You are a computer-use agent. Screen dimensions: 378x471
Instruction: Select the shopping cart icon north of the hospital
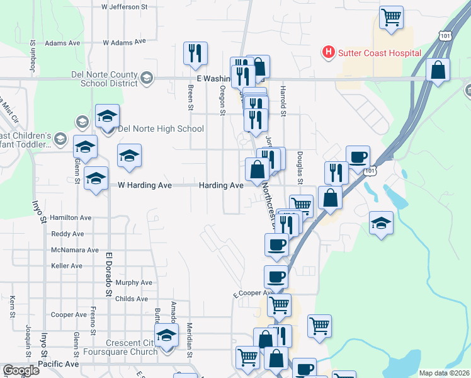click(x=391, y=17)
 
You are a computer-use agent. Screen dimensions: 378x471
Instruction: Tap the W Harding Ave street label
click(x=145, y=186)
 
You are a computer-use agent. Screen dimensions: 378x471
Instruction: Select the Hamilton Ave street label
click(x=71, y=217)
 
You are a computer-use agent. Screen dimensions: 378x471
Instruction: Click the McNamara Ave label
click(x=75, y=250)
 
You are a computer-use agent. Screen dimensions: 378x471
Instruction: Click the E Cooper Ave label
click(x=253, y=294)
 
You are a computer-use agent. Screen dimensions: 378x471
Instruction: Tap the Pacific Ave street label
click(x=58, y=364)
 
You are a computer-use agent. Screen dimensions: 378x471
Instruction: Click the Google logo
click(x=20, y=370)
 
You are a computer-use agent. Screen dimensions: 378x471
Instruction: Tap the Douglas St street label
click(x=300, y=167)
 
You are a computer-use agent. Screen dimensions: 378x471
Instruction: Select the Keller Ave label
click(x=67, y=266)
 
